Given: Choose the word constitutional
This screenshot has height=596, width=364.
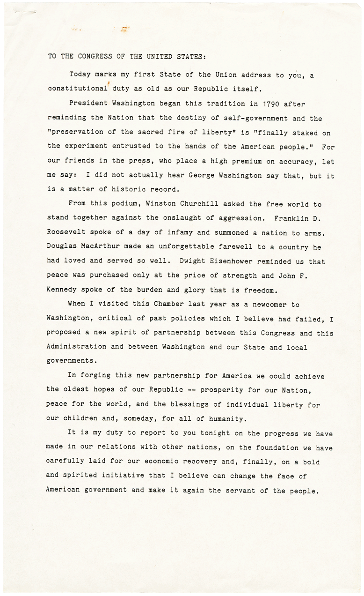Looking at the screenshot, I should pos(76,88).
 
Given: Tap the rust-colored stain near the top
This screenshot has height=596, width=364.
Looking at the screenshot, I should pos(124,29).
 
